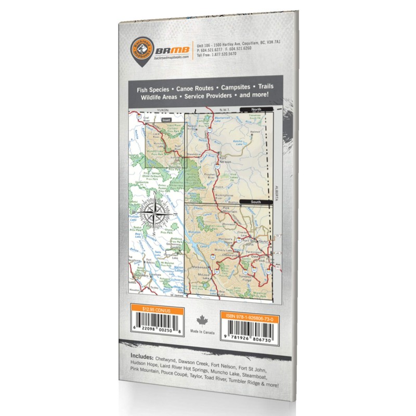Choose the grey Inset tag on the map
pos(166,120)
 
